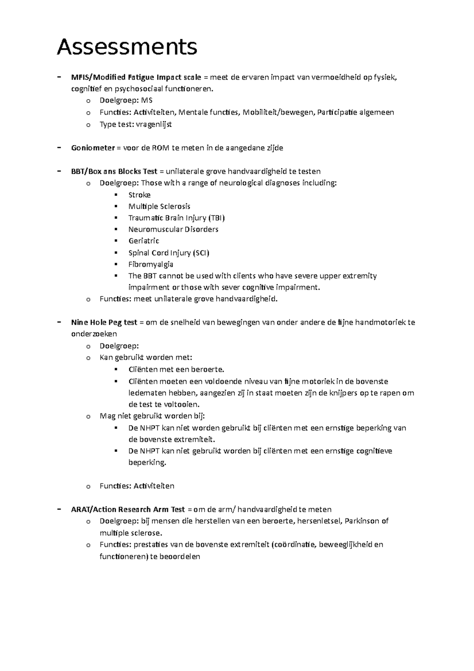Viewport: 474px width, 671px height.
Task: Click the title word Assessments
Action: (x=127, y=47)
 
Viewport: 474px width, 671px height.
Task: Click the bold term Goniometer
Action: (x=93, y=148)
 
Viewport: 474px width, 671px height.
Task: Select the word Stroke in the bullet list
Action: (x=139, y=195)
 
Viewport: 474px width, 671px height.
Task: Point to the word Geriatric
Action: (x=144, y=241)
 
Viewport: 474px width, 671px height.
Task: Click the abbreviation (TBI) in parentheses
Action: (x=217, y=218)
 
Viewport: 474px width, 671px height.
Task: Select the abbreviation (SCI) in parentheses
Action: (x=201, y=253)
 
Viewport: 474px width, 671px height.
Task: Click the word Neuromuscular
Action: (x=151, y=229)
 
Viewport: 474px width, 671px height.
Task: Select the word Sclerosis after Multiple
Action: (x=175, y=206)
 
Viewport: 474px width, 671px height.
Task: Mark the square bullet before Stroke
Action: (x=116, y=195)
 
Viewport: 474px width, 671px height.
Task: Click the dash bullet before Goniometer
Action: (x=59, y=148)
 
